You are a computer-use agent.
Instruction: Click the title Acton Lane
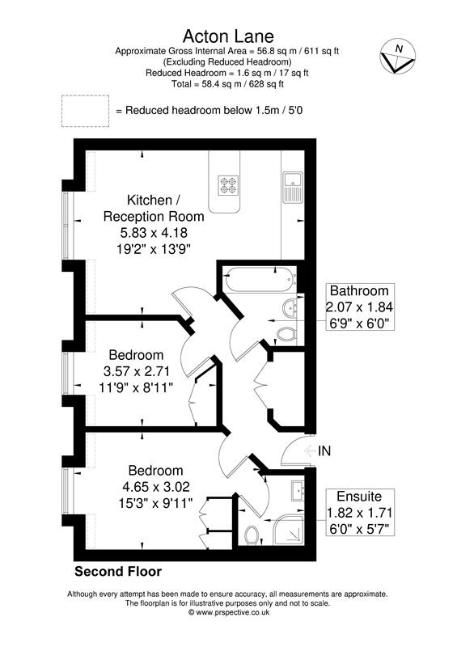[228, 36]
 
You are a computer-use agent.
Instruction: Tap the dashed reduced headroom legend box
[84, 110]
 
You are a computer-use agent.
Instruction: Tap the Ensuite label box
[358, 511]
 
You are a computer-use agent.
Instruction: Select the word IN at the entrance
[324, 450]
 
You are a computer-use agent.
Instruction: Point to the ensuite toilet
[252, 533]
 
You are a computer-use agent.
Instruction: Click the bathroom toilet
[286, 332]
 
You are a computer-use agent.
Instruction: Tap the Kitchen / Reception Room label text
[153, 209]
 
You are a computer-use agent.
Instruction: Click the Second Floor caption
[118, 572]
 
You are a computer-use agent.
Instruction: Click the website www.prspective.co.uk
[228, 612]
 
